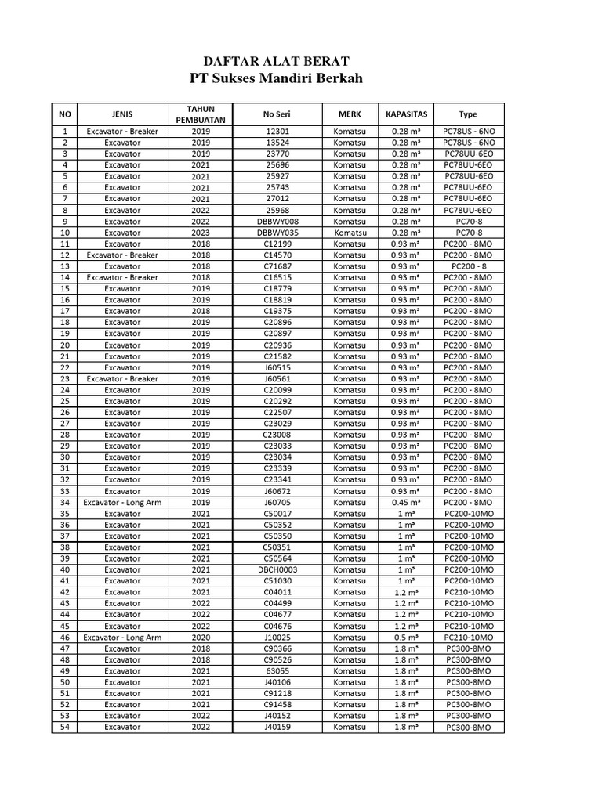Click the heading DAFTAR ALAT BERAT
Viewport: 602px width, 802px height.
pyautogui.click(x=277, y=60)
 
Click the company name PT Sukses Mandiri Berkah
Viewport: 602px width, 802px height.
pyautogui.click(x=277, y=78)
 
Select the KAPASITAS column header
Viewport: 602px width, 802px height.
pyautogui.click(x=406, y=114)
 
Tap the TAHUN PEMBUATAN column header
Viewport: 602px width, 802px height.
pyautogui.click(x=201, y=114)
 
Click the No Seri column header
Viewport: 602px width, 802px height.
pyautogui.click(x=277, y=114)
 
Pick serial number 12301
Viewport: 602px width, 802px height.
pyautogui.click(x=277, y=132)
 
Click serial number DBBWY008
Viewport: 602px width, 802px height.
pyautogui.click(x=277, y=222)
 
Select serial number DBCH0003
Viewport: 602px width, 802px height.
pyautogui.click(x=277, y=570)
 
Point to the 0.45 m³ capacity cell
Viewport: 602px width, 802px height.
pyautogui.click(x=406, y=503)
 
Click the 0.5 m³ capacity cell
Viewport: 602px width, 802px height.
pyautogui.click(x=406, y=638)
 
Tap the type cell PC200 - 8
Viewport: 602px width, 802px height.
pyautogui.click(x=468, y=266)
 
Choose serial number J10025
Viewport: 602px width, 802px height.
pyautogui.click(x=277, y=638)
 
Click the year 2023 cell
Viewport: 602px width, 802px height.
pyautogui.click(x=201, y=233)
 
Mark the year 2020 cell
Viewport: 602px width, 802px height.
pyautogui.click(x=201, y=638)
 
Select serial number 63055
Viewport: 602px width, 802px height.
pyautogui.click(x=277, y=671)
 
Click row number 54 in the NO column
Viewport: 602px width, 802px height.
pyautogui.click(x=65, y=728)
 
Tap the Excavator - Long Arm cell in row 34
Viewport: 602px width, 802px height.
pyautogui.click(x=122, y=503)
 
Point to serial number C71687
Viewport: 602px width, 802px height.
pyautogui.click(x=277, y=266)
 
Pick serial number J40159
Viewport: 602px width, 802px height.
pyautogui.click(x=277, y=728)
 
